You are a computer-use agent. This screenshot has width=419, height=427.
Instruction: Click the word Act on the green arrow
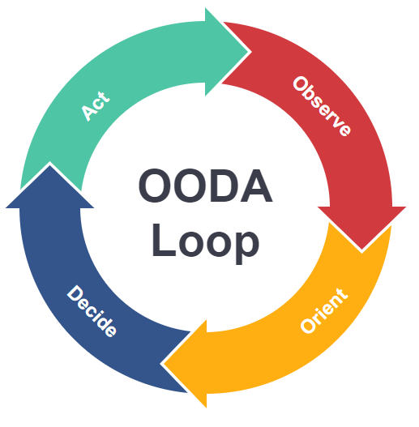tap(96, 105)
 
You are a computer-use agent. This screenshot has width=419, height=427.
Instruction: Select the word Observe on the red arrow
tap(322, 106)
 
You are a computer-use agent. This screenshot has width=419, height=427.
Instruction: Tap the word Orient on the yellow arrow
tap(324, 310)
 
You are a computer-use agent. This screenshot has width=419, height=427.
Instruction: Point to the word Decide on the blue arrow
tap(92, 310)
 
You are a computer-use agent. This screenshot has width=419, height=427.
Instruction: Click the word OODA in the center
tap(206, 186)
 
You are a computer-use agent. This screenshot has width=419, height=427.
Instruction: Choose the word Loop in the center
tap(206, 243)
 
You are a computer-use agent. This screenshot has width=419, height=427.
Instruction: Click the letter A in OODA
tap(256, 186)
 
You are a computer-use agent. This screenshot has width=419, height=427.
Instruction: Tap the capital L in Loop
tap(164, 240)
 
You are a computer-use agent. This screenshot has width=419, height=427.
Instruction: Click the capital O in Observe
tap(300, 84)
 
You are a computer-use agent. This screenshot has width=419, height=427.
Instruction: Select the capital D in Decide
tap(75, 293)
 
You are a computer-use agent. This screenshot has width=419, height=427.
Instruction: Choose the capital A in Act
tap(89, 112)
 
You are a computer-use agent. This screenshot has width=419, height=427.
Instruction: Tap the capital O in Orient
tap(308, 326)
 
